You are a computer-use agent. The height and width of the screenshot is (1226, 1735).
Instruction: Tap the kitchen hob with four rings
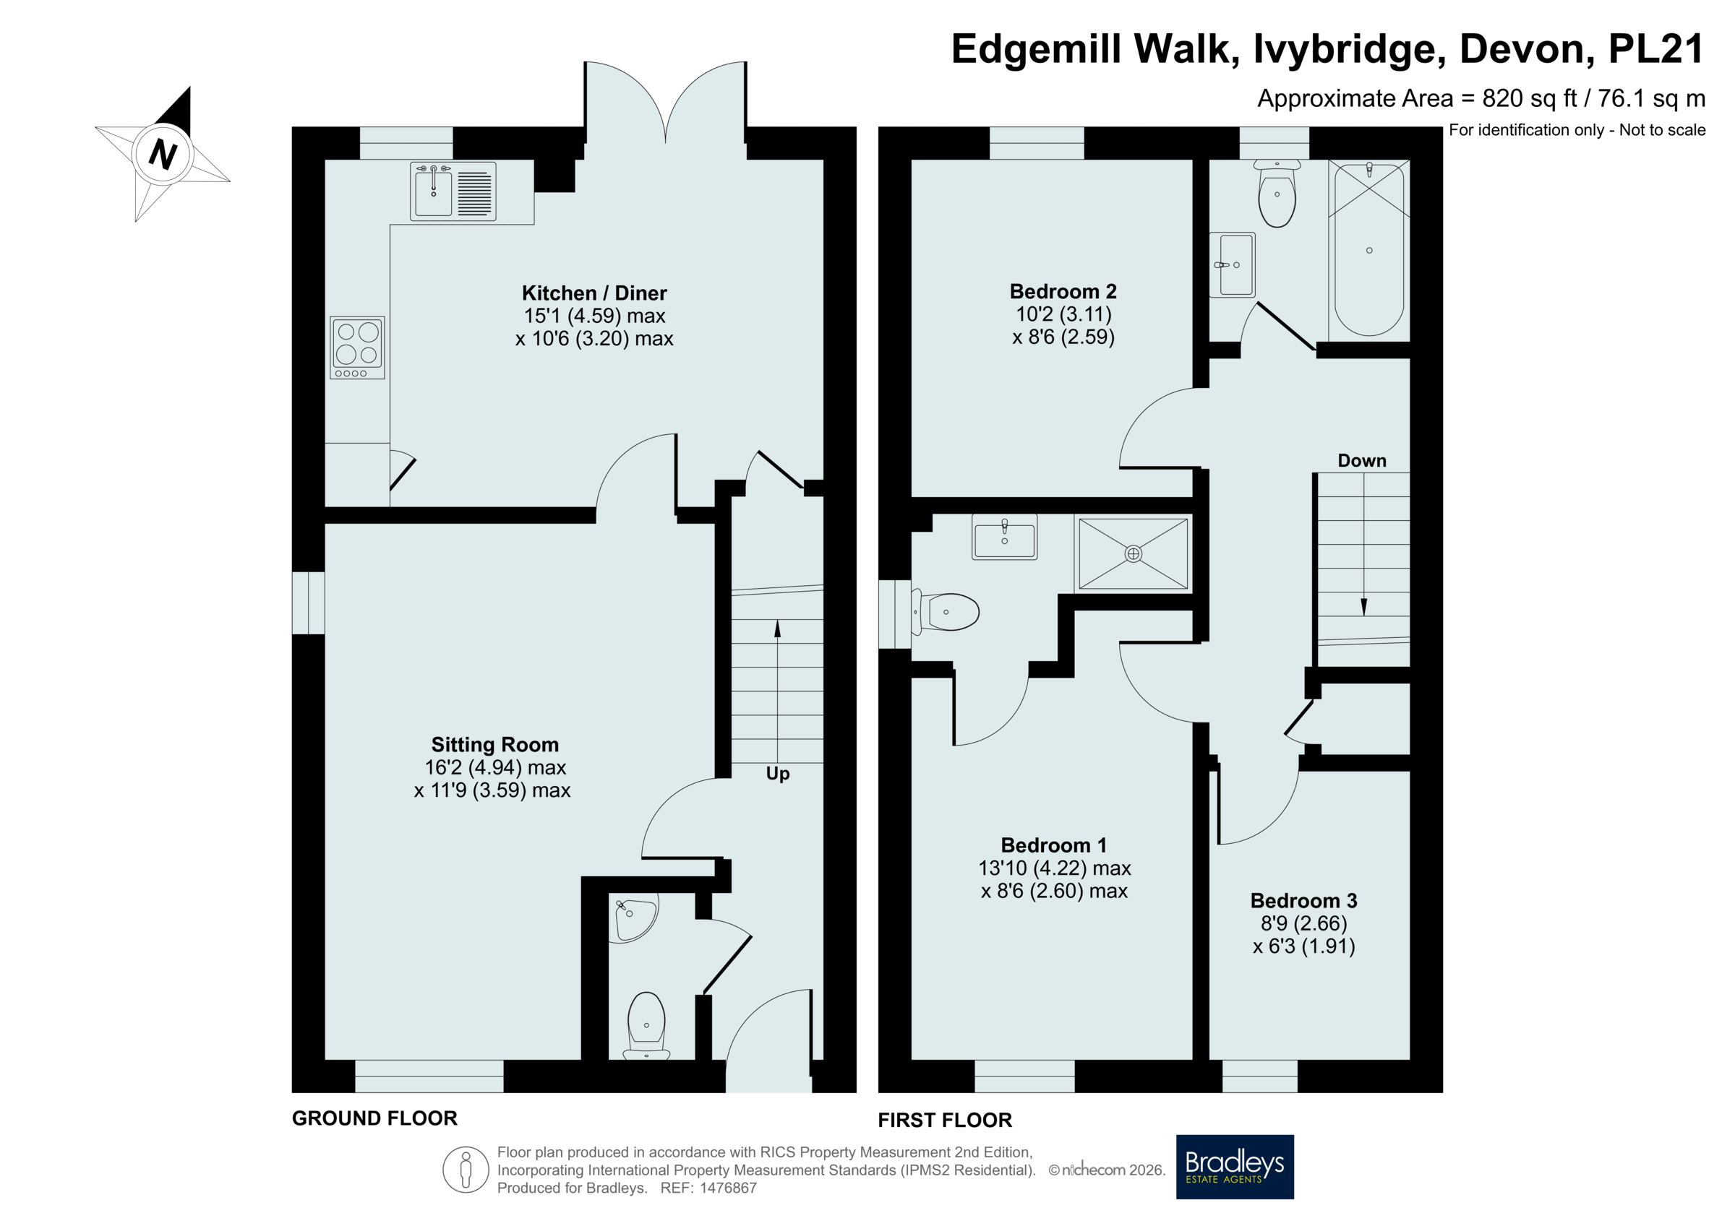357,347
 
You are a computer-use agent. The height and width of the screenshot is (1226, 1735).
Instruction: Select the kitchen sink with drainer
453,191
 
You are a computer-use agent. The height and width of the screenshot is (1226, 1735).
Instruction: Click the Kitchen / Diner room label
594,293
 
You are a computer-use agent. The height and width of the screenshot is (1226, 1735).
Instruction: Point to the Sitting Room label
495,745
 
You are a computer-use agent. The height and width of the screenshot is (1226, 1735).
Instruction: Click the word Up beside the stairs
778,774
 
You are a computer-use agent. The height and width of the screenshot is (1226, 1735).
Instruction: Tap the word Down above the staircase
1362,461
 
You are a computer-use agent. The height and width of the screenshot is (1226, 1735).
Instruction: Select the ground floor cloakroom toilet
646,1026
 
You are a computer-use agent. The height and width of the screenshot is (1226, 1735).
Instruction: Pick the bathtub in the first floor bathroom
1368,249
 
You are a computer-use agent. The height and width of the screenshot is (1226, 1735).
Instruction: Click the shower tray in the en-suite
1133,553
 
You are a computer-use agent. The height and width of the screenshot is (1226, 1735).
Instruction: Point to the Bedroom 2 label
1063,292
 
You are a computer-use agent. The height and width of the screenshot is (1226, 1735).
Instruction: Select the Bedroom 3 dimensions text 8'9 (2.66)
1303,923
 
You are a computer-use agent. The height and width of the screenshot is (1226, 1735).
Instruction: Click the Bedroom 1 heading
1054,845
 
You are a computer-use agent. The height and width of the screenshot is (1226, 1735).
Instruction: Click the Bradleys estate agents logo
1235,1167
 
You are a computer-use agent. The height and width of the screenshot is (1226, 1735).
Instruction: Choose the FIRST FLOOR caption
945,1121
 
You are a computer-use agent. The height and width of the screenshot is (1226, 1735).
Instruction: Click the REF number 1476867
728,1188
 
